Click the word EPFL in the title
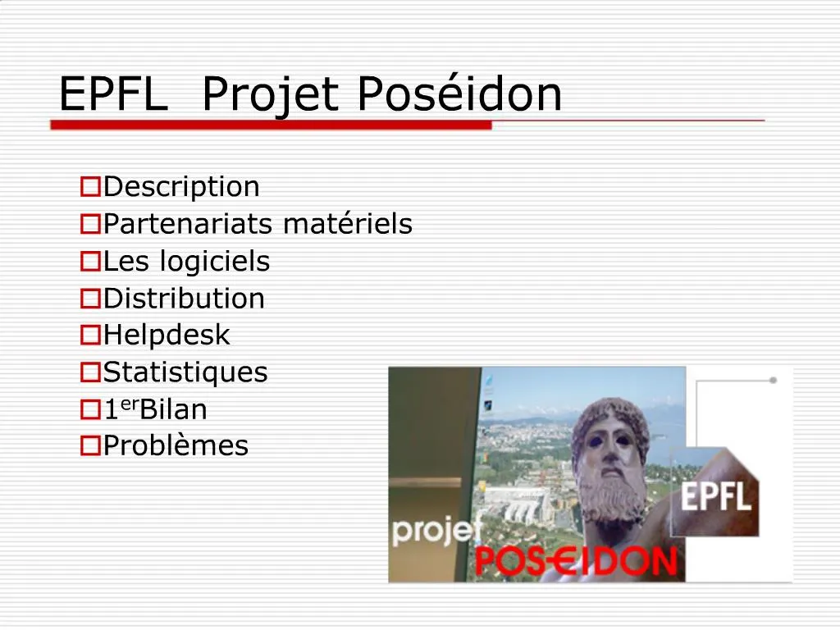(112, 94)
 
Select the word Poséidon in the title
(459, 94)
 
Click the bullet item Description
(181, 188)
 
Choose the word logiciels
(214, 262)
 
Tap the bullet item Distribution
(184, 299)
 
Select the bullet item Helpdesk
(167, 336)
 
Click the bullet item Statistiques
(185, 372)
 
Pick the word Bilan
(174, 409)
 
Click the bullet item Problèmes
(176, 446)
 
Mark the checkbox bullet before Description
(90, 188)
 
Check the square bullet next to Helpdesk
(90, 336)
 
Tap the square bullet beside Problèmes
(90, 446)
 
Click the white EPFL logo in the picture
(716, 496)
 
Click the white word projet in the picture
(436, 531)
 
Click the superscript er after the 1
(130, 404)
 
